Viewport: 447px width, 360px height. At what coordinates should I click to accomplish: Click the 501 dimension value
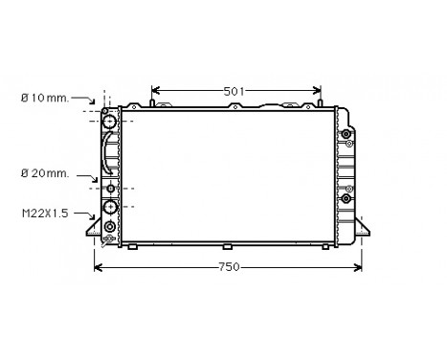[x=235, y=91]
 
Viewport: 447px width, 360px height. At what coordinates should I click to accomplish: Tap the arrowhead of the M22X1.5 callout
[x=99, y=214]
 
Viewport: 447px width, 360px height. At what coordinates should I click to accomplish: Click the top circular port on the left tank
[x=110, y=122]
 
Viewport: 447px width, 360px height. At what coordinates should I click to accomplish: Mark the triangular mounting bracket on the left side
[x=92, y=230]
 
